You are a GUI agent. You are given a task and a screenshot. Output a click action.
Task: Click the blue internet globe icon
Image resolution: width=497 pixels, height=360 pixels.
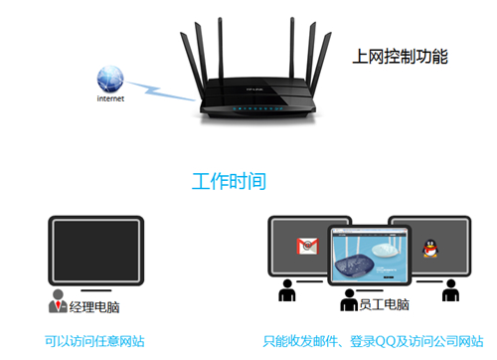click(x=110, y=80)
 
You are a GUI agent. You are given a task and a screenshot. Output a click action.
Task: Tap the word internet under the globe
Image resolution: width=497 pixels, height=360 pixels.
click(x=110, y=100)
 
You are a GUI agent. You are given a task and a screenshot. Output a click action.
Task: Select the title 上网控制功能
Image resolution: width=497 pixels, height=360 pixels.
click(x=401, y=58)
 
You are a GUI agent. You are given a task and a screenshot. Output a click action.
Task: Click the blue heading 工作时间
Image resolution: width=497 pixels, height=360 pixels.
click(x=229, y=181)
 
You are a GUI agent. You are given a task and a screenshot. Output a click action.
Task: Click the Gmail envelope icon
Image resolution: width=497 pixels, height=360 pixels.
click(x=304, y=246)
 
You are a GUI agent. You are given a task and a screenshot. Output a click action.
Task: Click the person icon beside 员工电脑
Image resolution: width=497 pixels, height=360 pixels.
click(x=349, y=301)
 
